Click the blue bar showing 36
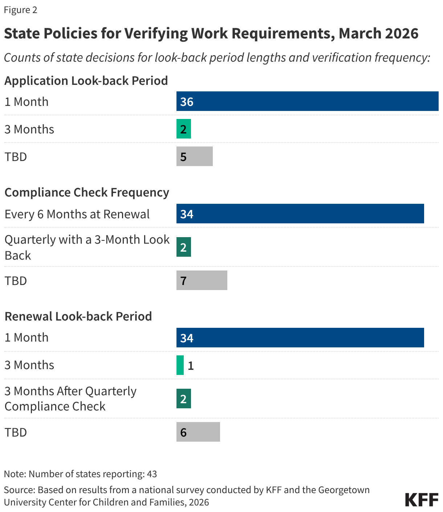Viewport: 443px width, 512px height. click(x=307, y=101)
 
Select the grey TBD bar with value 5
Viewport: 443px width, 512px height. click(x=195, y=156)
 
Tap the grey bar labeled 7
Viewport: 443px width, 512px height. click(x=202, y=280)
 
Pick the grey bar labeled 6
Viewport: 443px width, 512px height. click(x=198, y=432)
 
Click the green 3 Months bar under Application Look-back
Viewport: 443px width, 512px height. click(x=184, y=129)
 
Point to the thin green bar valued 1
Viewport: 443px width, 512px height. click(x=180, y=365)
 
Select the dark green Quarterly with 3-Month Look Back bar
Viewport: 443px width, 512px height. click(x=184, y=247)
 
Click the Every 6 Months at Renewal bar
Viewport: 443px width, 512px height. click(x=300, y=214)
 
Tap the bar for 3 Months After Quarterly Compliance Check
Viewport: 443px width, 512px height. click(x=184, y=399)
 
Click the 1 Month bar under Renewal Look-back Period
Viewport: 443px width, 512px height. click(x=300, y=338)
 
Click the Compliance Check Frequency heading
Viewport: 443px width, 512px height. click(x=87, y=192)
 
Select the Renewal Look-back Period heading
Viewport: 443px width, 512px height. click(x=78, y=316)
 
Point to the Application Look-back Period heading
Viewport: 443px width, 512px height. click(x=86, y=80)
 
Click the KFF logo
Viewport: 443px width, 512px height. click(x=422, y=500)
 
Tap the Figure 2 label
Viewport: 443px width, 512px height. click(x=20, y=10)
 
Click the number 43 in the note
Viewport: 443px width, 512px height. click(x=152, y=474)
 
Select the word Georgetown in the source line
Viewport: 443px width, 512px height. click(x=344, y=490)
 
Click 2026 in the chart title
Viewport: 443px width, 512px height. click(x=402, y=33)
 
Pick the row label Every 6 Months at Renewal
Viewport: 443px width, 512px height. click(x=77, y=214)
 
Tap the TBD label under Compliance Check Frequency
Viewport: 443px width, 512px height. click(x=16, y=281)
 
